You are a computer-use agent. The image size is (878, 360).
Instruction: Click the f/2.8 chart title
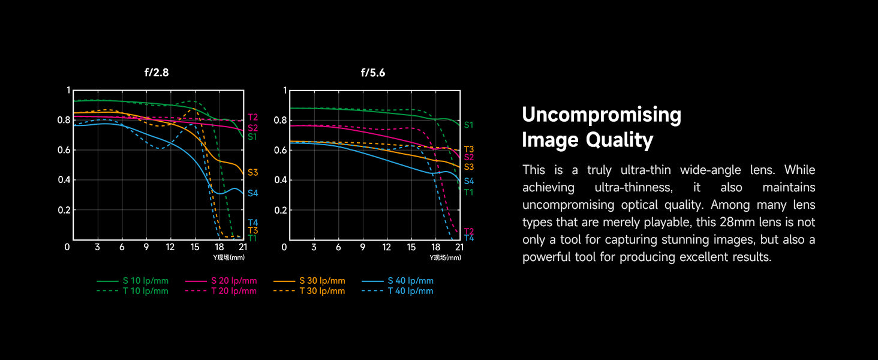[x=157, y=73]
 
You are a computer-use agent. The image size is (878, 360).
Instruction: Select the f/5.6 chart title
[x=372, y=73]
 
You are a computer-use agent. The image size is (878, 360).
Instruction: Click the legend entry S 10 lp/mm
[x=146, y=281]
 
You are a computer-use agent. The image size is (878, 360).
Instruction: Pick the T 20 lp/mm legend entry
[x=234, y=291]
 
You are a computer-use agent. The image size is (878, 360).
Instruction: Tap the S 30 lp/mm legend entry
[x=322, y=281]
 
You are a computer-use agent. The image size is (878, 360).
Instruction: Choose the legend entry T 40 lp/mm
[x=410, y=291]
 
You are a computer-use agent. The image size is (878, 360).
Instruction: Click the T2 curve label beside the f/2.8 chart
[x=252, y=118]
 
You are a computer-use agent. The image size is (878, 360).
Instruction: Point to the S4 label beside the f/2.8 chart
[x=252, y=193]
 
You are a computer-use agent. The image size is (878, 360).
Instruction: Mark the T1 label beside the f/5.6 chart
[x=468, y=192]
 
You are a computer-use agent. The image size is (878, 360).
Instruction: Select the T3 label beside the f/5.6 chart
[x=468, y=149]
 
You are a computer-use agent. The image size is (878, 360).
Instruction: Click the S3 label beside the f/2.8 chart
[x=252, y=173]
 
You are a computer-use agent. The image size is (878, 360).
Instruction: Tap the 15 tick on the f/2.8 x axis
[x=194, y=247]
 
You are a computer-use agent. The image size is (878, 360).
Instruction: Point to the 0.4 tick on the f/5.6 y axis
[x=279, y=180]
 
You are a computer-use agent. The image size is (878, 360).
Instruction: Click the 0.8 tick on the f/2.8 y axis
[x=64, y=120]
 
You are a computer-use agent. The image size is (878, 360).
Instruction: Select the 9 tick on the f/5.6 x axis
[x=362, y=247]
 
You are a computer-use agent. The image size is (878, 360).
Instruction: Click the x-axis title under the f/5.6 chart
[x=446, y=257]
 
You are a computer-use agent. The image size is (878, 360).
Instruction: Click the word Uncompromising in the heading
[x=602, y=115]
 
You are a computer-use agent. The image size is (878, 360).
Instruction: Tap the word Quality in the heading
[x=620, y=140]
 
